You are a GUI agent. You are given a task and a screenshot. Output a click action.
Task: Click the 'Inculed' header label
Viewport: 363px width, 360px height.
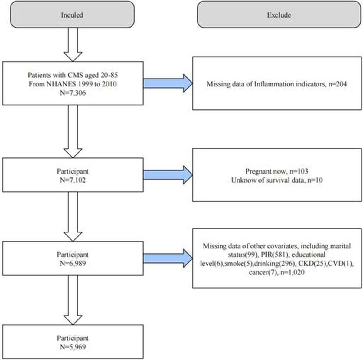tap(72, 15)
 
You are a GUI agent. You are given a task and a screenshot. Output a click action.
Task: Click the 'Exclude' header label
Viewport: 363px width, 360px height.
tap(279, 15)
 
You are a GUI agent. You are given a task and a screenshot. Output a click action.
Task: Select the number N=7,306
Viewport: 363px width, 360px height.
tap(73, 93)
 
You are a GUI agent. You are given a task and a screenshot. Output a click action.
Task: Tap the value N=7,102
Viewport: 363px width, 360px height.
tap(73, 180)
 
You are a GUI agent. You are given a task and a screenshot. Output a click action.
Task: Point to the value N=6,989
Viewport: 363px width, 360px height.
tap(73, 263)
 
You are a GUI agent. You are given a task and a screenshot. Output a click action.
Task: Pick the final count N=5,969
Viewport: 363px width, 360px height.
tap(73, 347)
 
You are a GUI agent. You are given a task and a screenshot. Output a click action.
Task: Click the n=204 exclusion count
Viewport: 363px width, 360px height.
tap(338, 84)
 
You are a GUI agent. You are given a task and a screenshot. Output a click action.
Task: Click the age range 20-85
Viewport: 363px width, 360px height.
tap(109, 75)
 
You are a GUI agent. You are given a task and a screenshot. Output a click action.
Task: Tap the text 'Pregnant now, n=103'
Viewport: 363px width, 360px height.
tap(277, 171)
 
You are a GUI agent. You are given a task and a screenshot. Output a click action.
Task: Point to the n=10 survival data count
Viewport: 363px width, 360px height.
tap(315, 180)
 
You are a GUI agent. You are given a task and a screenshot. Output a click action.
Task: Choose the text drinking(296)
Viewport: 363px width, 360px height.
tap(274, 263)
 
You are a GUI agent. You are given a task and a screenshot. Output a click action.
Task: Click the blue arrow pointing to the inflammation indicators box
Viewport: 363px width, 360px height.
tap(168, 83)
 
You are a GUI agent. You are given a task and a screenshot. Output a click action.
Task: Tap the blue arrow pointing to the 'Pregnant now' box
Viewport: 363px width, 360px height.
tap(168, 175)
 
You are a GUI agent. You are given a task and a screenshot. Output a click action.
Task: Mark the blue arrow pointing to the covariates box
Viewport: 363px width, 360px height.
tap(168, 258)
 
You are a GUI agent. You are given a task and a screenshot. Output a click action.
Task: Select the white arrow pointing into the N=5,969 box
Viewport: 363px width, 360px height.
tap(73, 300)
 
